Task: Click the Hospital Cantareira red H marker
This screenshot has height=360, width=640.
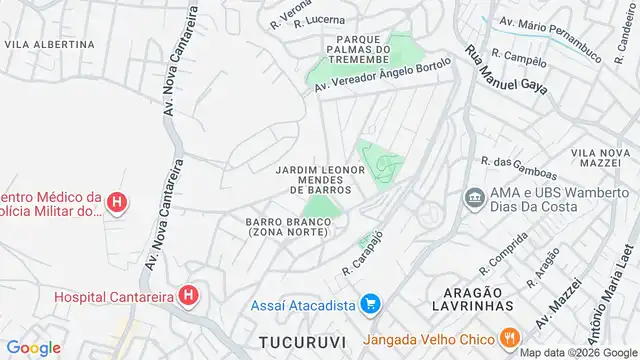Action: coord(187,296)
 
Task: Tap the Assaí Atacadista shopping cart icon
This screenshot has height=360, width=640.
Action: coord(370,302)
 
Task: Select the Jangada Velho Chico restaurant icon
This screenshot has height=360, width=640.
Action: coord(509,336)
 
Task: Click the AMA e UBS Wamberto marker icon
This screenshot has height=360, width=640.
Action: coord(473,197)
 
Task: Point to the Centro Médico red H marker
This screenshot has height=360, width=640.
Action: coord(117,204)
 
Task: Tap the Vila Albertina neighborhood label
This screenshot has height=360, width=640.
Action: coord(50,44)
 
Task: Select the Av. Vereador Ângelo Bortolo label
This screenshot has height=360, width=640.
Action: coord(383,77)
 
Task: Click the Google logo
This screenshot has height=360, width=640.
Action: coord(34,347)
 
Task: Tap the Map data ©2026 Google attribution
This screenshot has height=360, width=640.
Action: coord(577,352)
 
